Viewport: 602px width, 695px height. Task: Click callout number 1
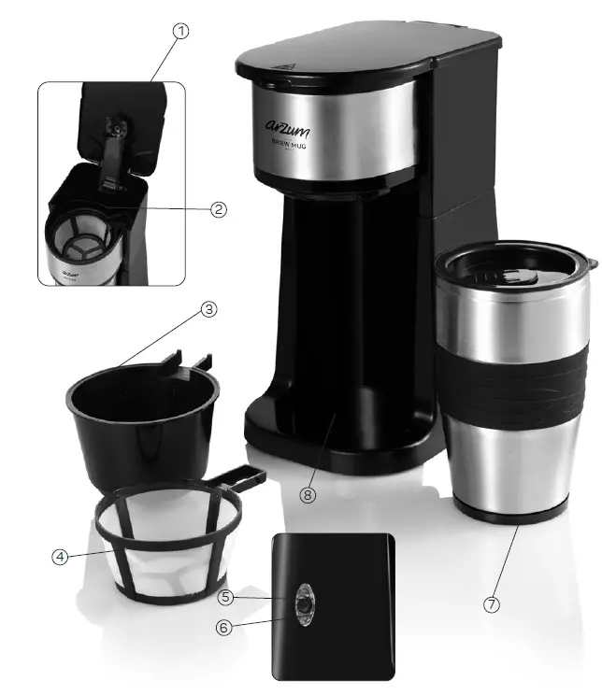[180, 31]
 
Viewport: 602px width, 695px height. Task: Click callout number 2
[219, 209]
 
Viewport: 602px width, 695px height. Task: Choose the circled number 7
[492, 604]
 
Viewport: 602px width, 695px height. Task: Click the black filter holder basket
[140, 420]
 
